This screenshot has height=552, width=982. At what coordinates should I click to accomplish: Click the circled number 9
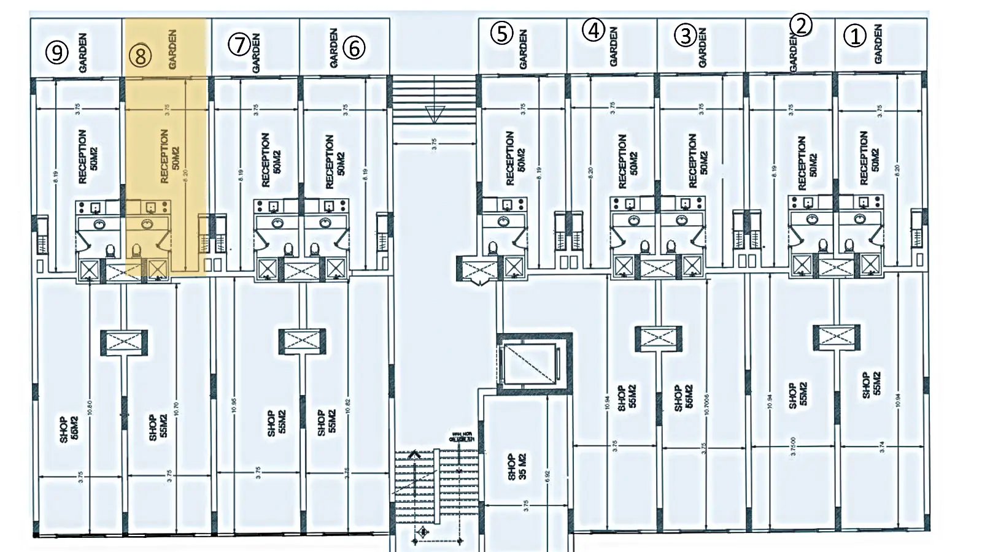point(57,52)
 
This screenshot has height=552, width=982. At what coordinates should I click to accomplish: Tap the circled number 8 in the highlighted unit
point(141,56)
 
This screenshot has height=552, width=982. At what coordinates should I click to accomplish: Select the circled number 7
point(239,44)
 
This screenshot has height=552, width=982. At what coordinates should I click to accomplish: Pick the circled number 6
point(354,47)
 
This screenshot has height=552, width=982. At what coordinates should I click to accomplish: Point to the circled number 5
point(502,33)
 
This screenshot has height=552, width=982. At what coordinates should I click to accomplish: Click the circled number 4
point(593,30)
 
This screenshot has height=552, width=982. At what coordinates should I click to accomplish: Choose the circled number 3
point(686,36)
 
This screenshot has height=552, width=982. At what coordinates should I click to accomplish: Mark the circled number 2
point(801,25)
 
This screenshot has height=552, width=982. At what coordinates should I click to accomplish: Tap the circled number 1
point(855,36)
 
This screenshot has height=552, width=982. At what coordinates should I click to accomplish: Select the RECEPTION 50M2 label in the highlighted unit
point(169,156)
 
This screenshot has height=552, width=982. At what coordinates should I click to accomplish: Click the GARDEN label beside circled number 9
point(83,53)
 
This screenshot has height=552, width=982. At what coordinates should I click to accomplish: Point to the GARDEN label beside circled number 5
point(523,49)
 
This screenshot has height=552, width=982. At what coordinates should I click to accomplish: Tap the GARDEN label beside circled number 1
point(878,44)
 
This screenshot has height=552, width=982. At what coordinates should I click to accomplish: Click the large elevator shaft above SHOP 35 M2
point(530,362)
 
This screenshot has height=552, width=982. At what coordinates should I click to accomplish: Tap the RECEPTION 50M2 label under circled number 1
point(870,158)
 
